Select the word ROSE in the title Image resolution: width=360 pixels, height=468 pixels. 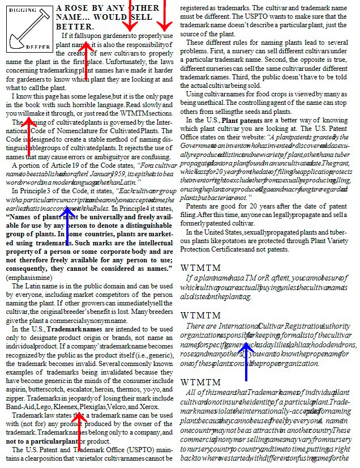pos(93,8)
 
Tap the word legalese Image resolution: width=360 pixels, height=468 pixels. pos(97,97)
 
